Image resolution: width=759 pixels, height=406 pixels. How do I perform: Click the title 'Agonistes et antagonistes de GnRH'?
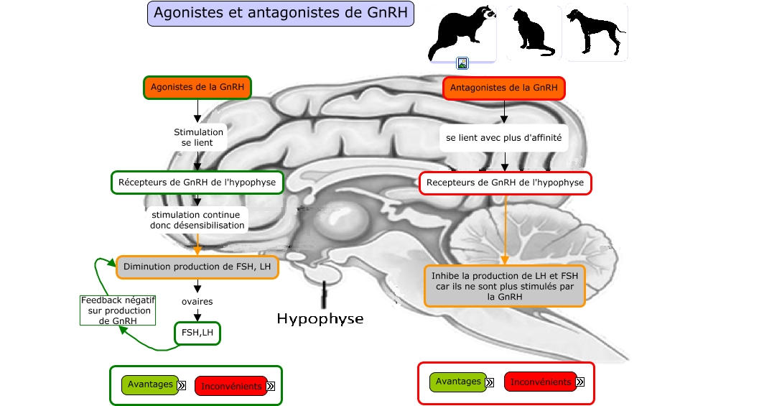(x=281, y=14)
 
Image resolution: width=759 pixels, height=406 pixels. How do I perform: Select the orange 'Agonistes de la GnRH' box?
(x=197, y=88)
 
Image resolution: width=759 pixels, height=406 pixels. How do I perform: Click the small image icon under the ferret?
(x=462, y=63)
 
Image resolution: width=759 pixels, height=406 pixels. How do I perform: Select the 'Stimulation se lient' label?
(x=198, y=138)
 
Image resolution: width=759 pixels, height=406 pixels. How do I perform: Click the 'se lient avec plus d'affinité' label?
(x=503, y=137)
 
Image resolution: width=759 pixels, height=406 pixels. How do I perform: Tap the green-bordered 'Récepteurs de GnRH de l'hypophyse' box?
(x=197, y=182)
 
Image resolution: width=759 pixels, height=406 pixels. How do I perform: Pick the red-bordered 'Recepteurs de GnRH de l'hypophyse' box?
(x=505, y=183)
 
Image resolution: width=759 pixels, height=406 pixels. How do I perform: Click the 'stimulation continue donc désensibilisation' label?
(x=197, y=220)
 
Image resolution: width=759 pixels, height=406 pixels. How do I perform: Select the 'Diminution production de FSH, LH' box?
(x=197, y=267)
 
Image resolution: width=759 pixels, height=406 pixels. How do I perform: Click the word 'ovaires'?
(x=197, y=302)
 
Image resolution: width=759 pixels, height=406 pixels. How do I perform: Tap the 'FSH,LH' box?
(x=197, y=333)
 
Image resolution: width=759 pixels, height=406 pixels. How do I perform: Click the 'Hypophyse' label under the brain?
(x=320, y=318)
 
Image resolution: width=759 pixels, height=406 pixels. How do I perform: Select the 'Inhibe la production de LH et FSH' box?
(x=504, y=285)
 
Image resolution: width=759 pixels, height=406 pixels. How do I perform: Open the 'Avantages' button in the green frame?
(x=150, y=384)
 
